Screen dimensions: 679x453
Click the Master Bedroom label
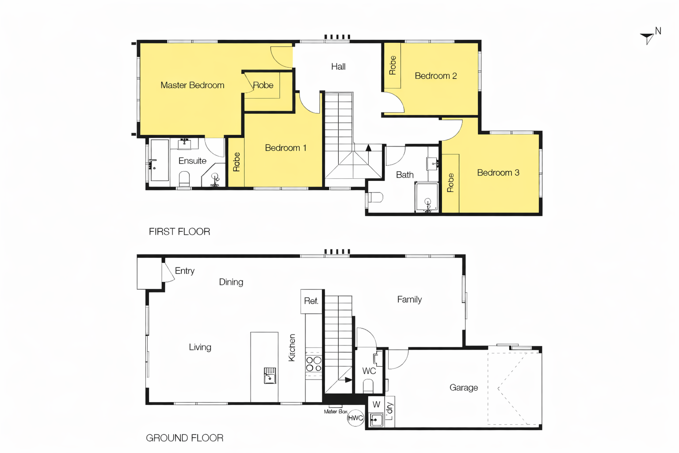tap(192, 85)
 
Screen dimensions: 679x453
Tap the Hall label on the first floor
tap(338, 66)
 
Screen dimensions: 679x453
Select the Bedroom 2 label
tap(435, 76)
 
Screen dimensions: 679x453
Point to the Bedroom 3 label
tap(498, 173)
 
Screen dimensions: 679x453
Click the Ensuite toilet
tap(184, 179)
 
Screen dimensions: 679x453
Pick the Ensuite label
tap(192, 161)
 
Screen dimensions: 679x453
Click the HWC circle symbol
tap(355, 418)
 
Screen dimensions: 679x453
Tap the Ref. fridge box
tap(311, 301)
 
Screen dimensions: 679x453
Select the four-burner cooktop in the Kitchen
tap(314, 364)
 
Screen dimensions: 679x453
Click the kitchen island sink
tap(270, 376)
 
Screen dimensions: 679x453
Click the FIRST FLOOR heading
tap(179, 231)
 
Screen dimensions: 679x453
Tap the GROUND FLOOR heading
tap(185, 438)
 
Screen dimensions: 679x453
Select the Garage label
tap(463, 388)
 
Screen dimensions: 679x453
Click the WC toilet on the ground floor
tap(368, 387)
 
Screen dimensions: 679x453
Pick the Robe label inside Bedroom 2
tap(393, 65)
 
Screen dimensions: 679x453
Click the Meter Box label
tap(336, 411)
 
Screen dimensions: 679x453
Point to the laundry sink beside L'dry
tap(377, 419)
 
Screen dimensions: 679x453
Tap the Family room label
tap(409, 299)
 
